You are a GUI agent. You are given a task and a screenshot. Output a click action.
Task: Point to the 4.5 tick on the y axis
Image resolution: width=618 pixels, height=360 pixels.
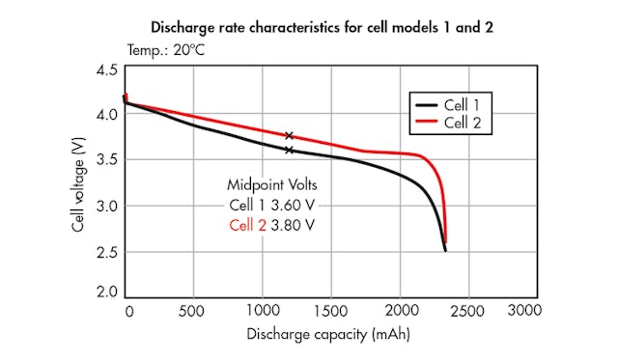pyautogui.click(x=106, y=70)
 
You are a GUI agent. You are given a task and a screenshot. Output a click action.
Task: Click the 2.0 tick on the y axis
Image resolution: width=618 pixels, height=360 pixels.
pyautogui.click(x=106, y=291)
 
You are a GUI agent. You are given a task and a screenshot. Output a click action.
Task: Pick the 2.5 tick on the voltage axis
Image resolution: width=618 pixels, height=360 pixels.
pyautogui.click(x=106, y=253)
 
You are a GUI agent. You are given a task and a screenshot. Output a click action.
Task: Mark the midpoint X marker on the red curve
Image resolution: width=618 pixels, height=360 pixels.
pyautogui.click(x=289, y=136)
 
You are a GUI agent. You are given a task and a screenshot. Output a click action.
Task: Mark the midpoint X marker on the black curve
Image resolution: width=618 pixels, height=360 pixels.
pyautogui.click(x=289, y=151)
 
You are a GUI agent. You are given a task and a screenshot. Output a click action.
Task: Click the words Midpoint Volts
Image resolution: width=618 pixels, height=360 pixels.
pyautogui.click(x=272, y=184)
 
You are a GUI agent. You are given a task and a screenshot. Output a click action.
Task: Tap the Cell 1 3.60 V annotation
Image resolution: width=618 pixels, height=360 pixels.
pyautogui.click(x=272, y=205)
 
